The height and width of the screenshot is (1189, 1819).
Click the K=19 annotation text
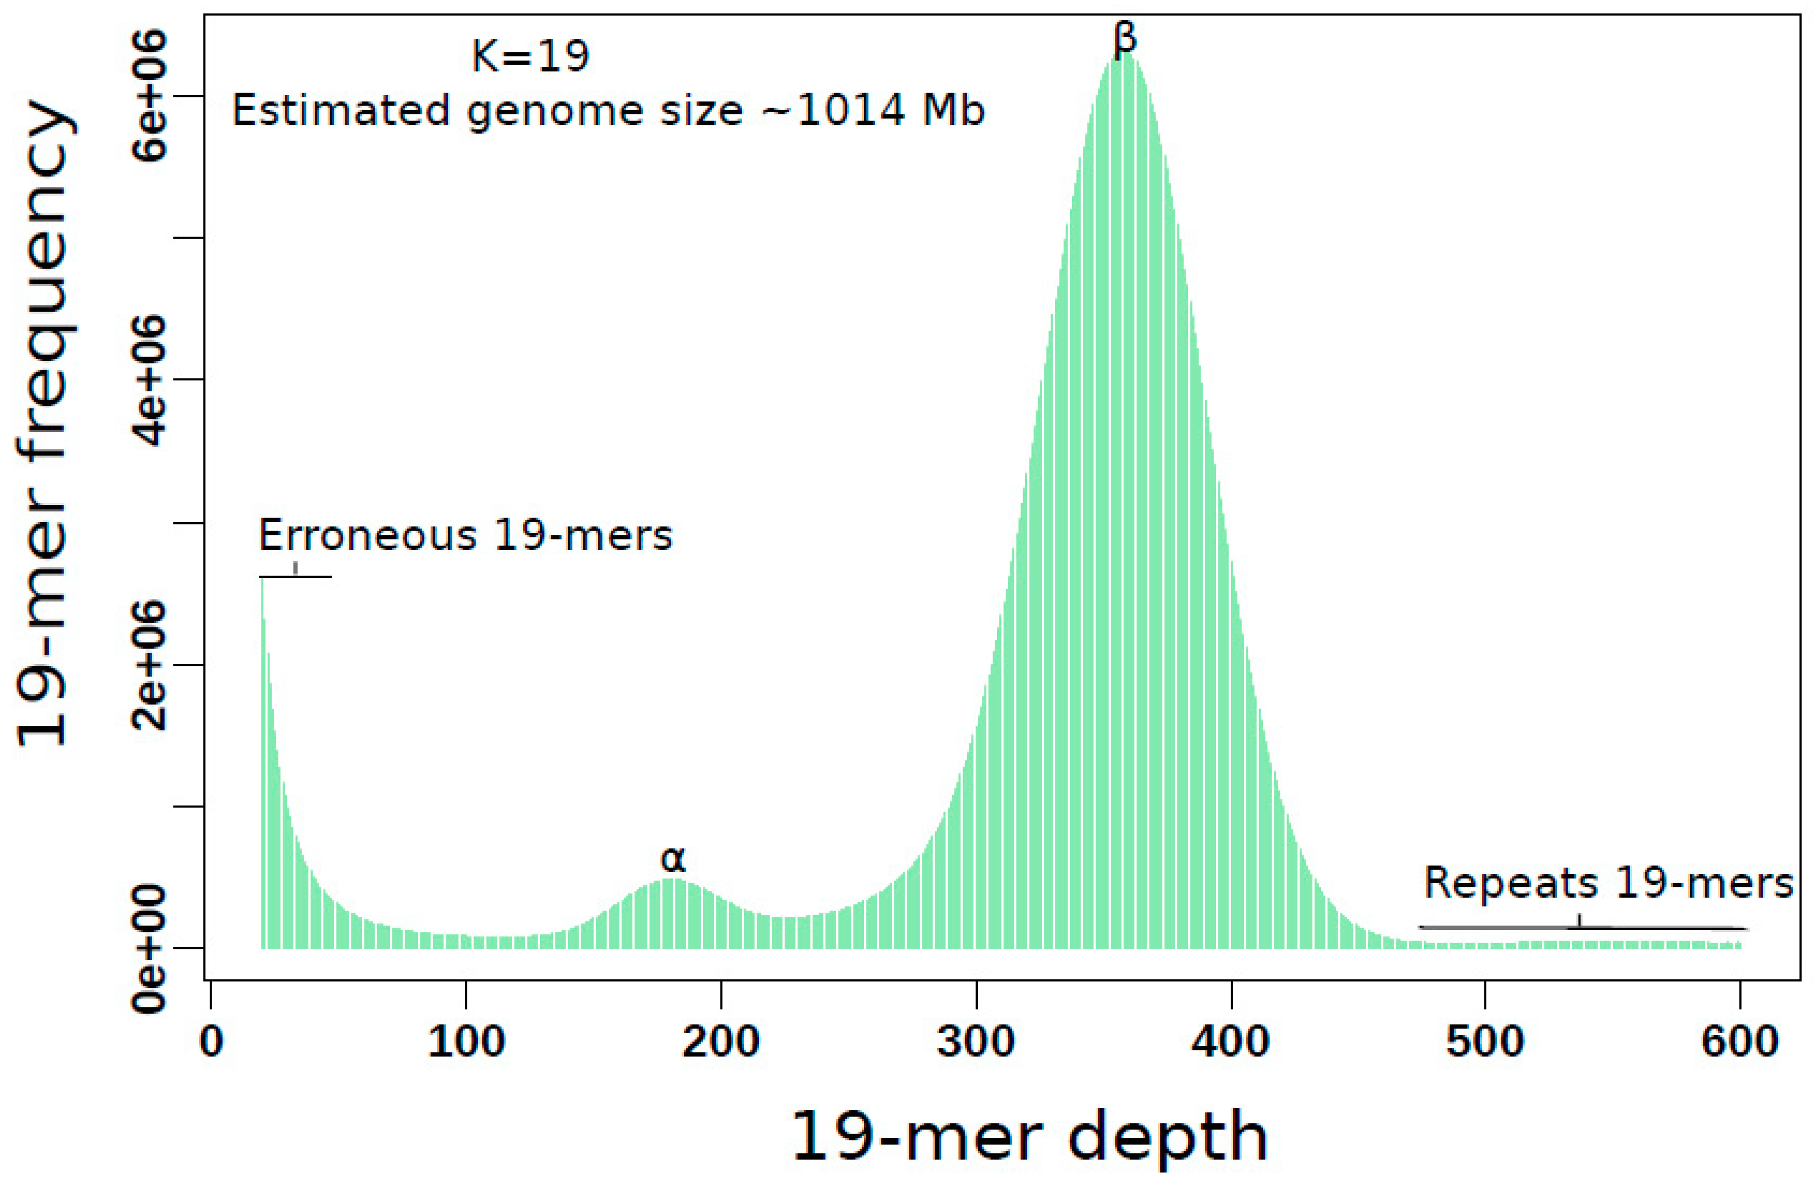tap(531, 56)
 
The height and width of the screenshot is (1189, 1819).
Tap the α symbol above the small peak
tap(673, 859)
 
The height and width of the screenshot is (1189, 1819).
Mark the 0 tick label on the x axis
tap(212, 1042)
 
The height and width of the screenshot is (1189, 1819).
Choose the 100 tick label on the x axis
tap(466, 1042)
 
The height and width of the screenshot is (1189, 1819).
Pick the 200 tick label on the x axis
tap(721, 1042)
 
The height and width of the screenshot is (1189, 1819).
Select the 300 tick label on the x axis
tap(976, 1042)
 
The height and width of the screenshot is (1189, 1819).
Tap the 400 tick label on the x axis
tap(1231, 1042)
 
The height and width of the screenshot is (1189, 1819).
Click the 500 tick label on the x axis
tap(1485, 1042)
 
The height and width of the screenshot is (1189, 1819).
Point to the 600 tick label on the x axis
tap(1739, 1042)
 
